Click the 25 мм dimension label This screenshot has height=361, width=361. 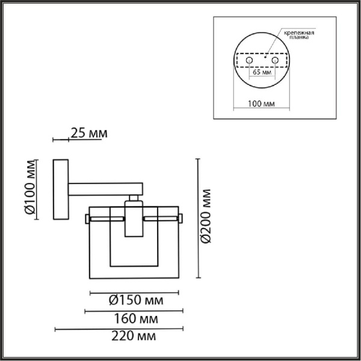(x=89, y=133)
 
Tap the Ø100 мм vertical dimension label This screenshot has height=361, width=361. (x=29, y=190)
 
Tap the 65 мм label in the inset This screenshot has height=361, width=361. (x=261, y=73)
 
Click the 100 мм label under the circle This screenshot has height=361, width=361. (x=261, y=104)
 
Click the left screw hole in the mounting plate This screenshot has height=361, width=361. (x=247, y=61)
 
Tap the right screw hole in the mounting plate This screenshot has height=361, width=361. (x=274, y=61)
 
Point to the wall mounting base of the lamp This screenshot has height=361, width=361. (x=61, y=190)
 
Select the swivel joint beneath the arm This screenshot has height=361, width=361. (x=135, y=199)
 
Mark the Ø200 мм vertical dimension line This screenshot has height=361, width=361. (x=199, y=218)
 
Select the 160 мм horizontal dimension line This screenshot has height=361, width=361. (x=133, y=311)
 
